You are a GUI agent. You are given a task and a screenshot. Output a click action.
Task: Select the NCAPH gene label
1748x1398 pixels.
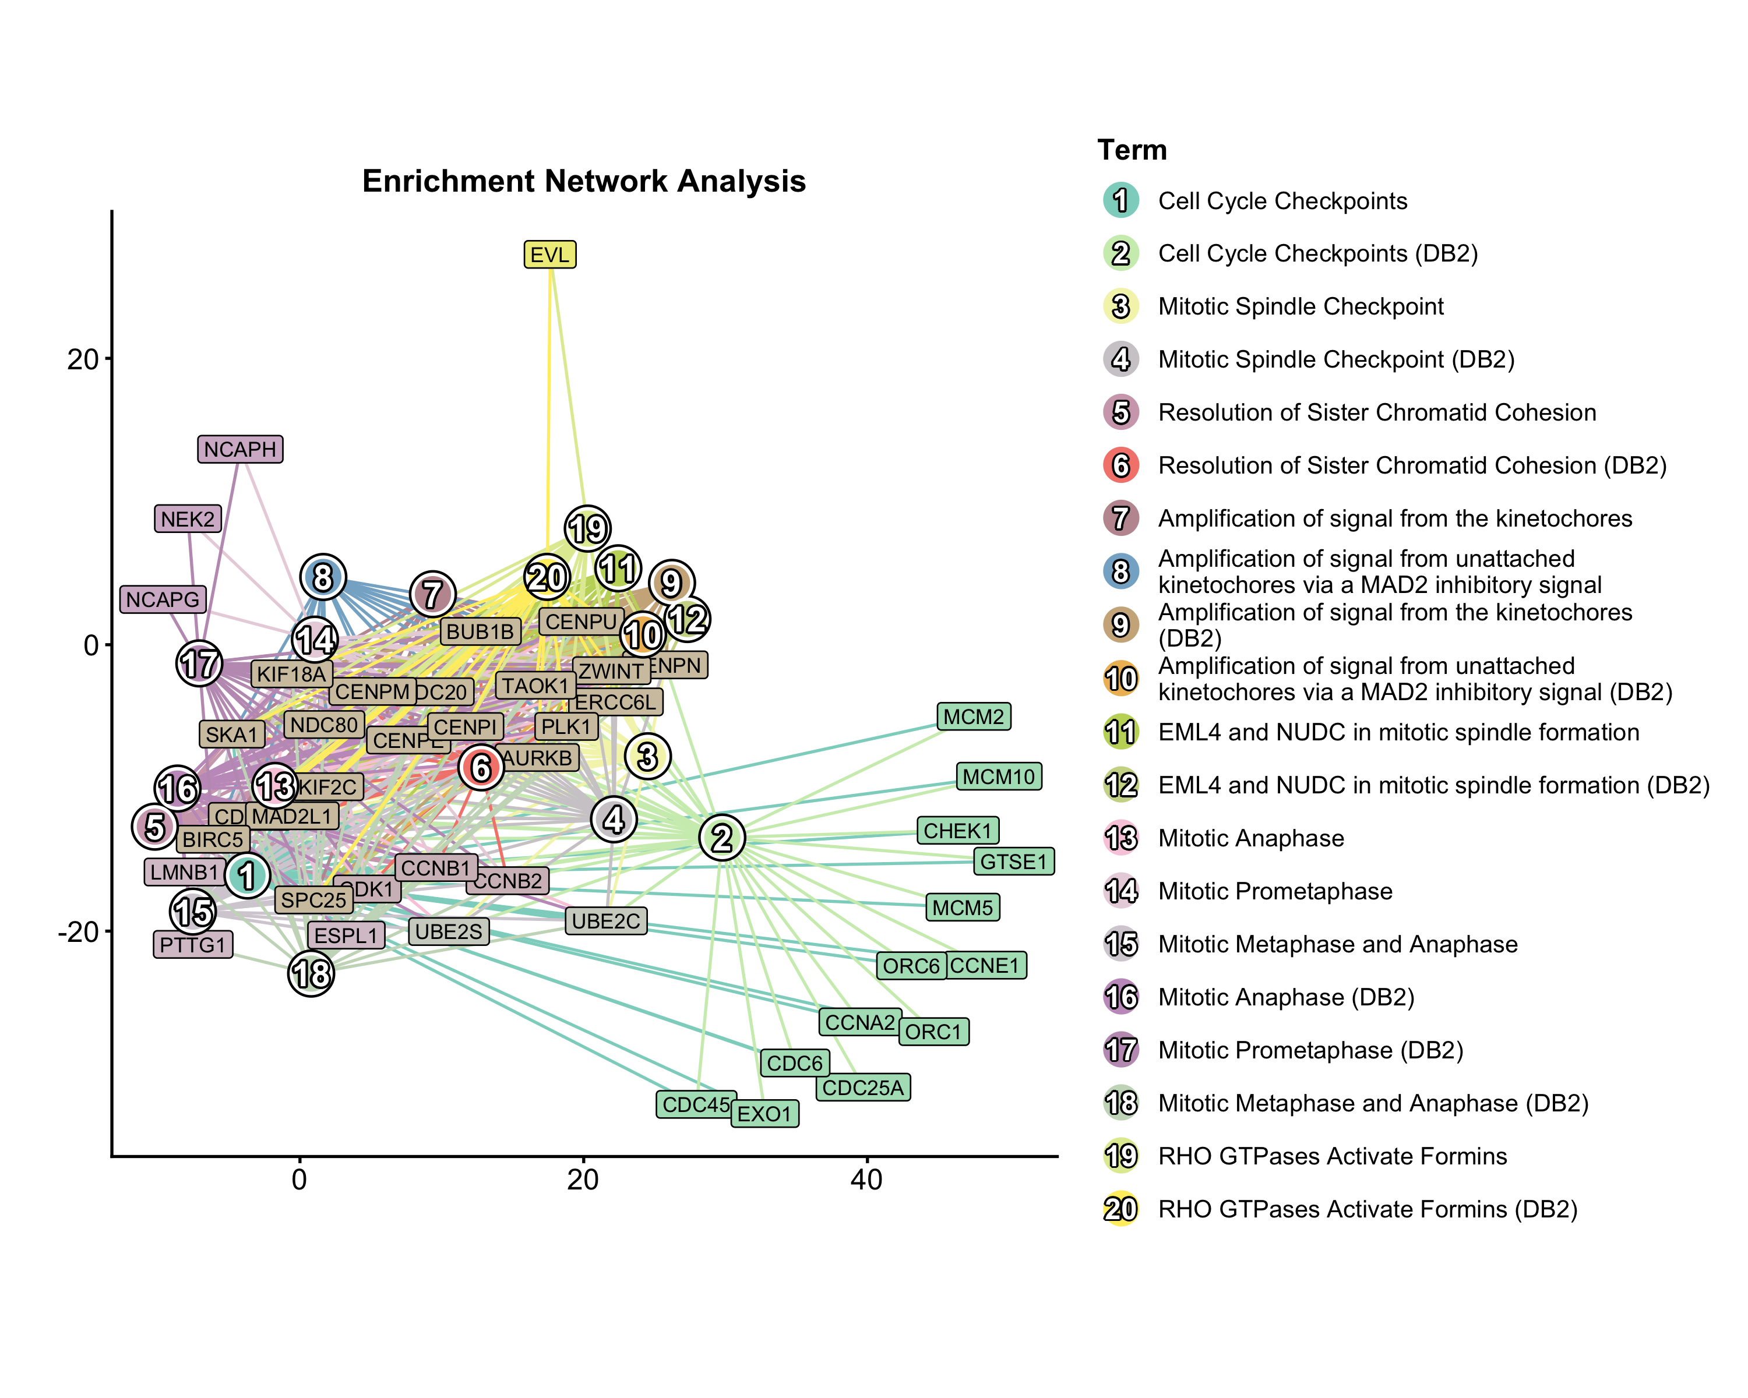click(x=240, y=449)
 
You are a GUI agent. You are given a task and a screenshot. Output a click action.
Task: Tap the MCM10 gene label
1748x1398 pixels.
click(x=998, y=776)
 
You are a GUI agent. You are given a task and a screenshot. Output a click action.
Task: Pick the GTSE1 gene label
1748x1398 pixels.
click(x=1013, y=862)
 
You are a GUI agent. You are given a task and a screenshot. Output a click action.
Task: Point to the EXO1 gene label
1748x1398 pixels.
click(x=764, y=1114)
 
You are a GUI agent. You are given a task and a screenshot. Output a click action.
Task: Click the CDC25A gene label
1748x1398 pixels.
click(x=863, y=1087)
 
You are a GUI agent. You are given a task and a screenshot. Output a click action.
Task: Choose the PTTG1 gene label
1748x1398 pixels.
click(x=192, y=944)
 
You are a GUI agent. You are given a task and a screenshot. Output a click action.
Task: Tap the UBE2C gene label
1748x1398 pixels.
click(x=605, y=921)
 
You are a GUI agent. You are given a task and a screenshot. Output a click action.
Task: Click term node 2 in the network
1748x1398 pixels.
click(x=721, y=837)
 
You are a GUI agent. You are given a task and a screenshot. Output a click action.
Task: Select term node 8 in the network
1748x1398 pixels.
click(x=323, y=577)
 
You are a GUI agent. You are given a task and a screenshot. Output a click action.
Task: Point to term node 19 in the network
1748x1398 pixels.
click(x=587, y=528)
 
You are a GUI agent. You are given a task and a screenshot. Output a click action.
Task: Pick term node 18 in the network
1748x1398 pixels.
click(x=311, y=973)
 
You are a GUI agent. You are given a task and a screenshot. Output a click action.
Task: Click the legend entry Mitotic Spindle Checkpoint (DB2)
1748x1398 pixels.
click(x=1335, y=359)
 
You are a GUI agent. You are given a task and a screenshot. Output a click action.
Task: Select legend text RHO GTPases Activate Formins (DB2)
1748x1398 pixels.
click(x=1367, y=1209)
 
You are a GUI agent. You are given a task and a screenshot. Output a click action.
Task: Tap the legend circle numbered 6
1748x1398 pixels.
click(x=1120, y=465)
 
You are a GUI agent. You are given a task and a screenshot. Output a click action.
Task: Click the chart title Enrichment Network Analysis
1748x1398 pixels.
click(x=584, y=181)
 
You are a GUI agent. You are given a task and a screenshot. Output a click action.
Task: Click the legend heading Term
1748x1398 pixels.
click(x=1132, y=150)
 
